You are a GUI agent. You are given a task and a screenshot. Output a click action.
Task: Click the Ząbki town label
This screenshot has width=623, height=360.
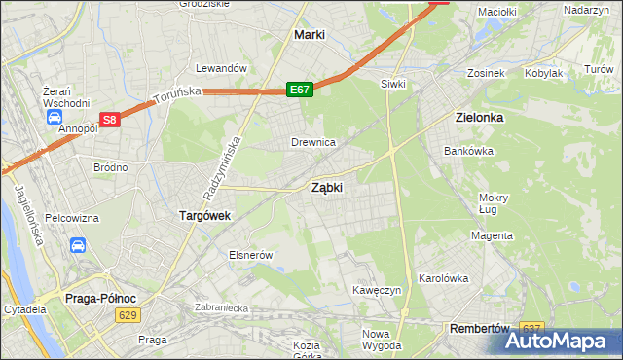[326, 188]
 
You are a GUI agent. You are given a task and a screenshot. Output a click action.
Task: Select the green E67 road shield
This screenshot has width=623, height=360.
[300, 90]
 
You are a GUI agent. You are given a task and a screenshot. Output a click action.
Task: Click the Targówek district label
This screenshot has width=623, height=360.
[203, 216]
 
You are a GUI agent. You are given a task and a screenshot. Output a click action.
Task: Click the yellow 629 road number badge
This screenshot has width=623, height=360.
[128, 315]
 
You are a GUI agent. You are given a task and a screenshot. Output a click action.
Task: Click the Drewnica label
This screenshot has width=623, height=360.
[313, 142]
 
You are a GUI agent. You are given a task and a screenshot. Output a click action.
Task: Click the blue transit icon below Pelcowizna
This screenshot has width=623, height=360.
[78, 246]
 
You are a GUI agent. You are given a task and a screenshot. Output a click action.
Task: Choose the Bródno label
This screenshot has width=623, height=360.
[110, 167]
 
